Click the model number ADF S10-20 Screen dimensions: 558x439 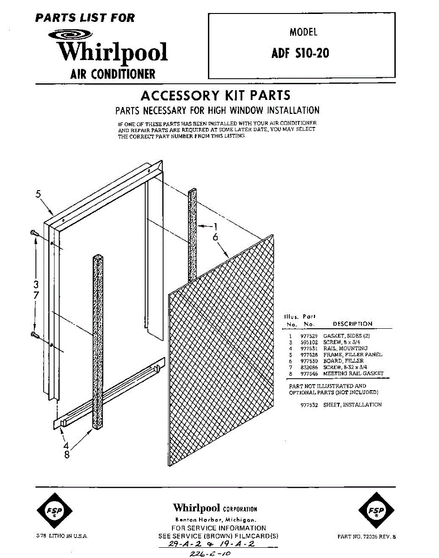(300, 53)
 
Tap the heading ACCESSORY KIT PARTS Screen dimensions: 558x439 (215, 96)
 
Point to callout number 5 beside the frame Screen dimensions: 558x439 (39, 194)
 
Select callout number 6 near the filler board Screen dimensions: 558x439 (215, 237)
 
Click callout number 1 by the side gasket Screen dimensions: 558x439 (215, 226)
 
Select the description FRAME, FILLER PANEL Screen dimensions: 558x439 (353, 354)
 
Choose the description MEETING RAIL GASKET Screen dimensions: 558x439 (353, 373)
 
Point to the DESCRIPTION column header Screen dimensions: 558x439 (353, 324)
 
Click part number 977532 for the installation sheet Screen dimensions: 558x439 (309, 405)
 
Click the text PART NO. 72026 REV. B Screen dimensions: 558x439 (367, 536)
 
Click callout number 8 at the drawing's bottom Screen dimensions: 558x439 (67, 455)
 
